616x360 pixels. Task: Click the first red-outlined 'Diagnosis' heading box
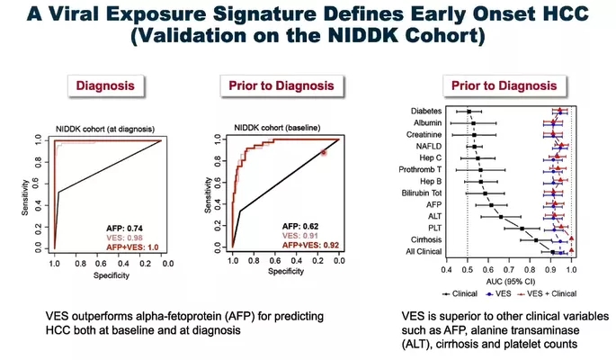tap(107, 86)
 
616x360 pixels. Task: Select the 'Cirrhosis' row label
tap(424, 240)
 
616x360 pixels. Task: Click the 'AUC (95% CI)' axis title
tap(508, 279)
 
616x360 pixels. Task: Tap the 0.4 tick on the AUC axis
tap(446, 268)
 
